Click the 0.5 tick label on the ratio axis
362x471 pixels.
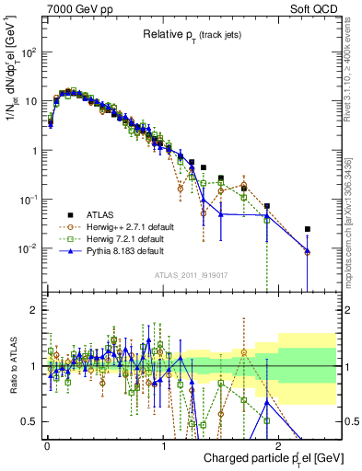coord(29,421)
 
